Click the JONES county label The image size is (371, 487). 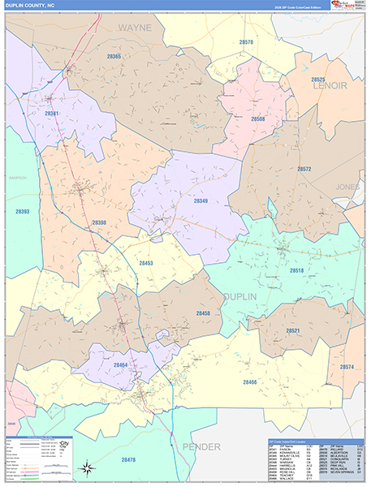click(x=347, y=187)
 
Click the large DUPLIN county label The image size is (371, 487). click(x=257, y=297)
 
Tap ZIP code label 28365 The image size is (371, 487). click(x=114, y=57)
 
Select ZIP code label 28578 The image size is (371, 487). click(x=246, y=42)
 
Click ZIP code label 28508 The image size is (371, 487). click(x=259, y=119)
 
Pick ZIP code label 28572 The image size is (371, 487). click(x=304, y=169)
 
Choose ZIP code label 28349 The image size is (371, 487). click(x=201, y=200)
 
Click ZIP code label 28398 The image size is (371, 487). click(x=99, y=222)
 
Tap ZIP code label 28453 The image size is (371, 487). click(x=147, y=264)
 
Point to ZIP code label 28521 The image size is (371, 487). click(x=293, y=330)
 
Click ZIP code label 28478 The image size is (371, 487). click(x=128, y=460)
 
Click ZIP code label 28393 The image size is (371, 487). click(x=22, y=212)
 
